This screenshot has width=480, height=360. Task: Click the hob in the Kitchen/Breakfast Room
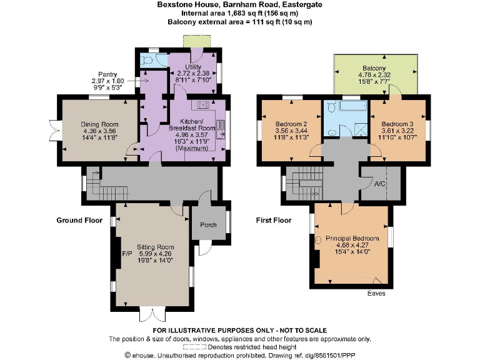pos(203,105)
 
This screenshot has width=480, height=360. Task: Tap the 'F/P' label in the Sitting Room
pos(126,254)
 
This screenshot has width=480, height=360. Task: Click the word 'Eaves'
pos(376,293)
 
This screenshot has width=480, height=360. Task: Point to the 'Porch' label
pos(207,225)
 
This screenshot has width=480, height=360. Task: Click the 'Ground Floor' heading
pos(79,220)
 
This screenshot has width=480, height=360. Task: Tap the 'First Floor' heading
pos(274,220)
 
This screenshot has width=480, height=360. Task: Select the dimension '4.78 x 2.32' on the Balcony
pos(374,76)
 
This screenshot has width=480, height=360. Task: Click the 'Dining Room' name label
pos(100,124)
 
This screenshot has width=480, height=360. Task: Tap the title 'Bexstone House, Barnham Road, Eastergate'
pos(239,4)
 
